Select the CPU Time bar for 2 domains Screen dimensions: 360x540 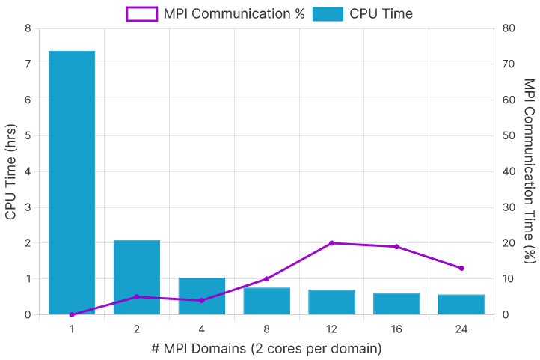[x=137, y=277]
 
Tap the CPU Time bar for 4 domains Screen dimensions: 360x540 [x=202, y=296]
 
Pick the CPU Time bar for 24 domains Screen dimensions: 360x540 [x=461, y=304]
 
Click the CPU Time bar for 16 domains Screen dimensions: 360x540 [x=396, y=303]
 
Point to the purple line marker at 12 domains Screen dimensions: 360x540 [x=331, y=243]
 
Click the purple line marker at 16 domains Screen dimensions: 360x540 [x=396, y=246]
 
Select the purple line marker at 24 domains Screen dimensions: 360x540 [x=461, y=268]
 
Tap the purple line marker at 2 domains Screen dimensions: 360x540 [x=137, y=297]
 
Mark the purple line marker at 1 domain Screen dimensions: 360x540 [x=72, y=314]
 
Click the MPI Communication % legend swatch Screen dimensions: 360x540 [x=141, y=13]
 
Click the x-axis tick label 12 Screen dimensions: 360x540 [x=331, y=329]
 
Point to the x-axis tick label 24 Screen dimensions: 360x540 [x=461, y=329]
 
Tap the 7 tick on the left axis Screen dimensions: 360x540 [x=28, y=64]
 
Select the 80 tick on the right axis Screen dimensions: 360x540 [x=509, y=28]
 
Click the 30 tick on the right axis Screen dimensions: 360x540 [x=509, y=207]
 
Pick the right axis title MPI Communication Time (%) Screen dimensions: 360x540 [x=529, y=171]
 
